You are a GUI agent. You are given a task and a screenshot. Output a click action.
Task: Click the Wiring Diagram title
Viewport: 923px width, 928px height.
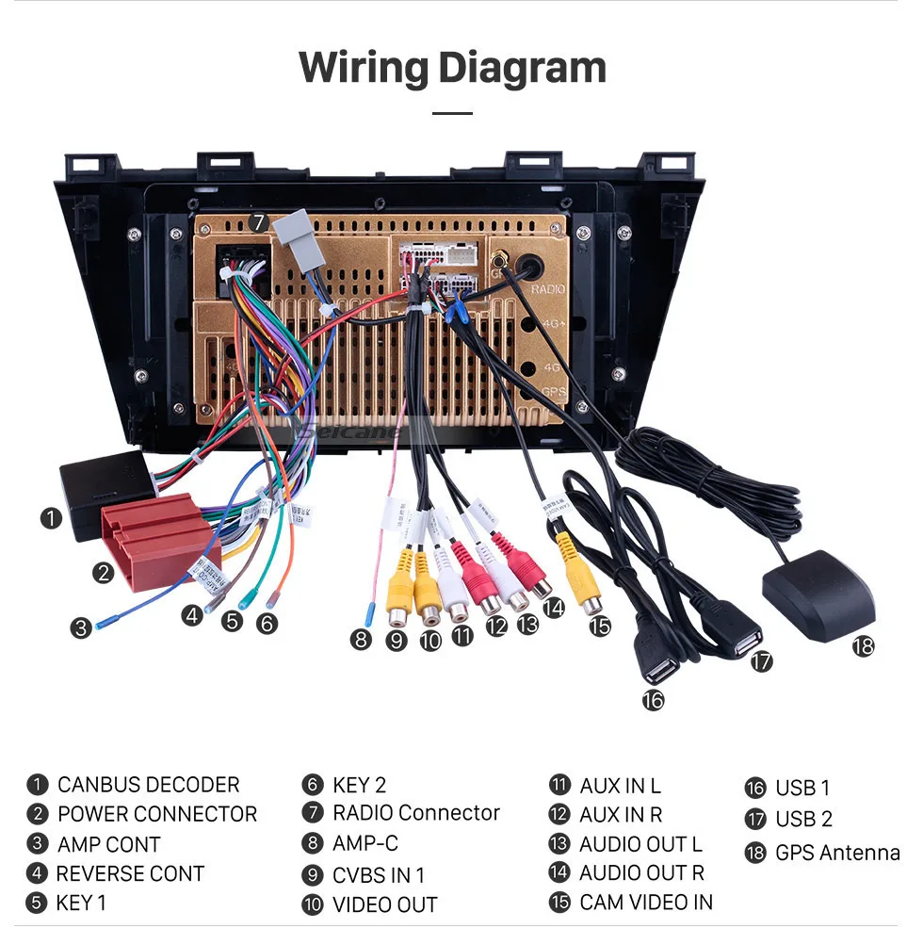(452, 68)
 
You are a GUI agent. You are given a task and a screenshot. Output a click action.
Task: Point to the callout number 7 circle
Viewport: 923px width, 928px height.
(259, 223)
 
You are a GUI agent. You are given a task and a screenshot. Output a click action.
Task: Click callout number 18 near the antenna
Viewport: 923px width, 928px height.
(863, 646)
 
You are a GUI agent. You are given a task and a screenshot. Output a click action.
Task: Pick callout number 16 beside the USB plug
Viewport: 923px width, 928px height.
(653, 699)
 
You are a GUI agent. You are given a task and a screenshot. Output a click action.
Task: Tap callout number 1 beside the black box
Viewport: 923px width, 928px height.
(51, 517)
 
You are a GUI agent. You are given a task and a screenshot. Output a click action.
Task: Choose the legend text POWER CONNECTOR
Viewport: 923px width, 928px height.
(156, 814)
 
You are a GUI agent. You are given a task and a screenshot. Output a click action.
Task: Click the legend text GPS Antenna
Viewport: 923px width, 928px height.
(836, 853)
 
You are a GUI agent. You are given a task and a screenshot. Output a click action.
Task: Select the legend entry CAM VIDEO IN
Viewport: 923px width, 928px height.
(645, 903)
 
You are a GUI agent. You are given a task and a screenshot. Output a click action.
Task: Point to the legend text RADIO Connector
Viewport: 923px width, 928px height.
(415, 813)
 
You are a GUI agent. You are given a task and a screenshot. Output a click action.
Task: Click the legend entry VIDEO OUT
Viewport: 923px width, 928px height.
(384, 905)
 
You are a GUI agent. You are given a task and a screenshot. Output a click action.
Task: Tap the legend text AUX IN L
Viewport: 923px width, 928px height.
(620, 786)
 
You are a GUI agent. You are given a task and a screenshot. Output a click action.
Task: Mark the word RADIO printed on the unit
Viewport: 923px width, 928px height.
(547, 289)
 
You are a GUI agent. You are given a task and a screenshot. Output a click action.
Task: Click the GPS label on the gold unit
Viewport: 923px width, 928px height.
(554, 391)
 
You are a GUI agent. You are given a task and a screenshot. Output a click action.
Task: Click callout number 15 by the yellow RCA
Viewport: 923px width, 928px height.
(600, 625)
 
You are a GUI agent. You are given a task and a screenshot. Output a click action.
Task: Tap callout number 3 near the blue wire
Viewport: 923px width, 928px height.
(82, 627)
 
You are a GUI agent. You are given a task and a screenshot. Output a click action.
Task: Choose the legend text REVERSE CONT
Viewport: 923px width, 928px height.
(130, 873)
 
